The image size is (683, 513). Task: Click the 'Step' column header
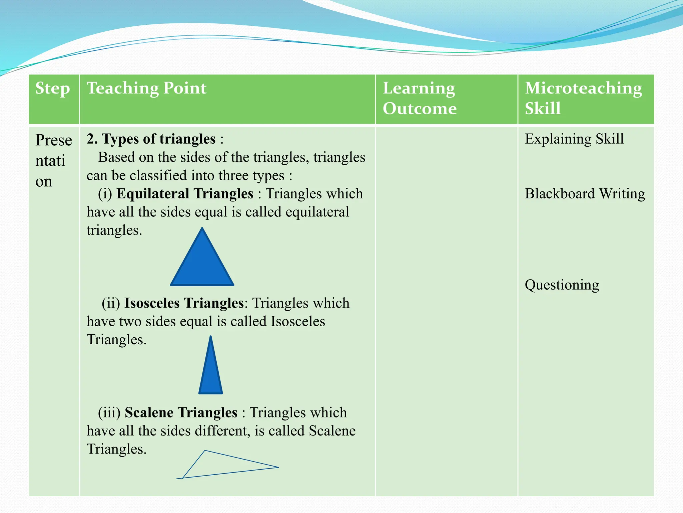[x=53, y=89]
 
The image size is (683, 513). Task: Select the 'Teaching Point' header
[x=146, y=89]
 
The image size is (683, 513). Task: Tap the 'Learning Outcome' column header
[x=420, y=98]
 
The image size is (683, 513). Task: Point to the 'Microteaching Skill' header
[x=583, y=98]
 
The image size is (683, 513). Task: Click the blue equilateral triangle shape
[x=202, y=264]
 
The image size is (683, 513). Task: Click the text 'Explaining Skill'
[x=574, y=139]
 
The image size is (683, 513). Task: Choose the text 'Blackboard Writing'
[x=585, y=194]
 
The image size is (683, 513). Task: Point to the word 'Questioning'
[x=562, y=285]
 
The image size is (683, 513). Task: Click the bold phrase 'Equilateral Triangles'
[x=185, y=194]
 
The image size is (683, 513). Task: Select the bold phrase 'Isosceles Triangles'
[x=184, y=303]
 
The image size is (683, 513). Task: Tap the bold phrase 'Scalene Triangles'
[x=181, y=413]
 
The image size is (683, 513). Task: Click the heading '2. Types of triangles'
[x=151, y=139]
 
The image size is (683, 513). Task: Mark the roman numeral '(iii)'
[x=109, y=413]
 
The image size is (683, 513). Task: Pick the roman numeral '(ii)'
[x=111, y=303]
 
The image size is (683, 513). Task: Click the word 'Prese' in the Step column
[x=54, y=140]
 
